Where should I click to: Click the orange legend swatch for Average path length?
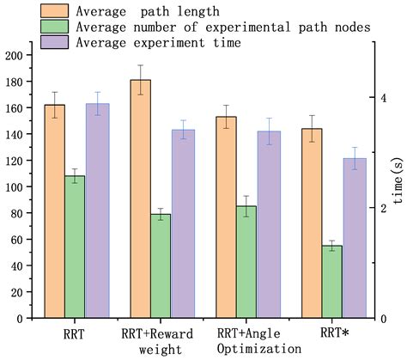(57, 11)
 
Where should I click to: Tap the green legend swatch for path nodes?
(57, 27)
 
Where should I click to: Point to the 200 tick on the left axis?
(12, 55)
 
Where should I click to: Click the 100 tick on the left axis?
(12, 186)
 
